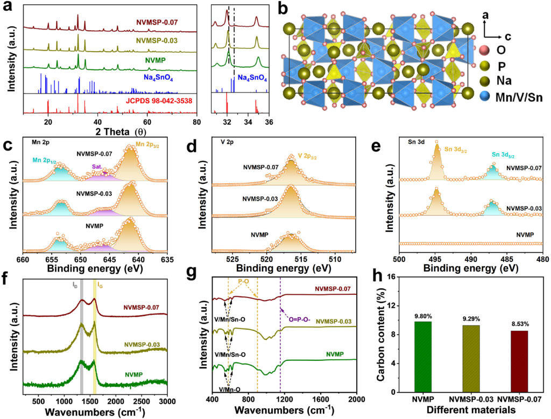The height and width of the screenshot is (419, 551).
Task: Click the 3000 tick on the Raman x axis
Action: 167,402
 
